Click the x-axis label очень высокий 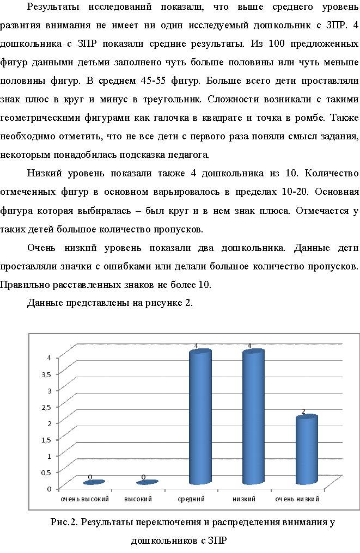(x=85, y=499)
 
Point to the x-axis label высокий (x=138, y=499)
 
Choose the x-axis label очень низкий (x=297, y=499)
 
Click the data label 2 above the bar (x=303, y=411)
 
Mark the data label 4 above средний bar (x=196, y=346)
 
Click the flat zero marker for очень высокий (x=94, y=483)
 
